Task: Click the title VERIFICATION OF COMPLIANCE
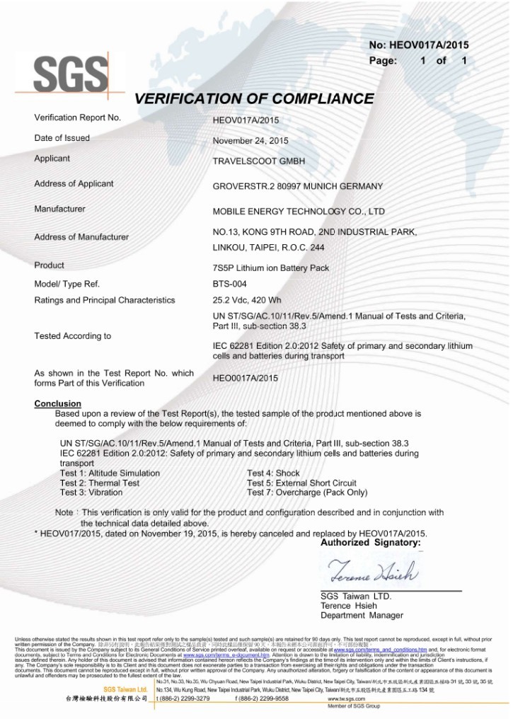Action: pos(254,98)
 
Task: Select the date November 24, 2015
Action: pos(250,141)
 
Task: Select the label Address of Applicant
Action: pos(74,184)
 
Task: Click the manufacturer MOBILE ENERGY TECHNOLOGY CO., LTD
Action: pos(299,212)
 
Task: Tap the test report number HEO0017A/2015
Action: pos(246,379)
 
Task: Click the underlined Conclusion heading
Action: pos(58,404)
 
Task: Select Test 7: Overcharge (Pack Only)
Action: pos(307,493)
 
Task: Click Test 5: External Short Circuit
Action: pos(302,483)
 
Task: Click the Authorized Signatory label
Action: pos(370,543)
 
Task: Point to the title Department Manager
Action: pos(362,616)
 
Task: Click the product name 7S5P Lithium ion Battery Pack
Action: pos(271,268)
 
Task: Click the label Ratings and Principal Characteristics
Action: pos(105,301)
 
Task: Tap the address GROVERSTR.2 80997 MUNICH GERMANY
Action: pos(298,187)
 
